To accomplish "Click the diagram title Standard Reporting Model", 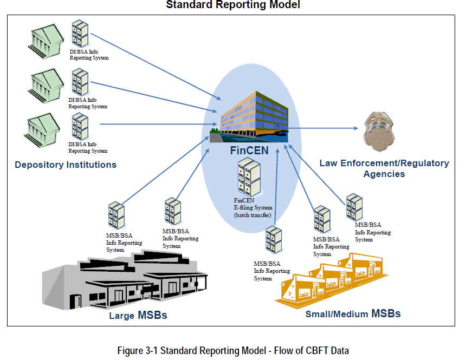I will pos(232,5).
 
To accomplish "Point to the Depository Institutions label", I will pos(66,165).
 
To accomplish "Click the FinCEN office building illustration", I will pos(254,115).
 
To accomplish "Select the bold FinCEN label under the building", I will pos(249,150).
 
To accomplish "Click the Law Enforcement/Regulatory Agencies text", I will pos(384,168).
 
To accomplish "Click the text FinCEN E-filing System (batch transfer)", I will pos(253,208).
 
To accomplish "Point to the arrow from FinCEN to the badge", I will pos(322,129).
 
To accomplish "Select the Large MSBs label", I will pos(137,315).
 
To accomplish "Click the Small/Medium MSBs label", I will pos(353,313).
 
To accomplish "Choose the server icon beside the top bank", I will pos(80,34).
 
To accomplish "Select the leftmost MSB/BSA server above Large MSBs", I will pos(116,215).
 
